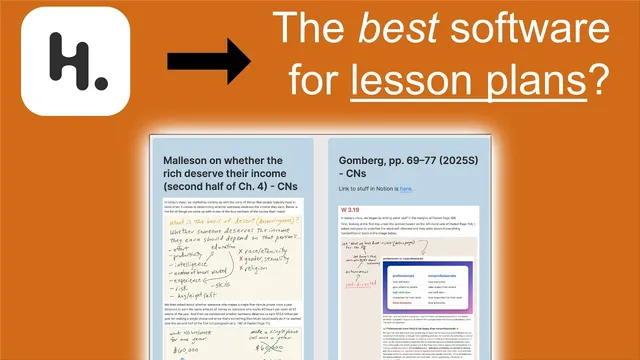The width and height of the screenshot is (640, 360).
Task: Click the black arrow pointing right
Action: click(209, 64)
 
